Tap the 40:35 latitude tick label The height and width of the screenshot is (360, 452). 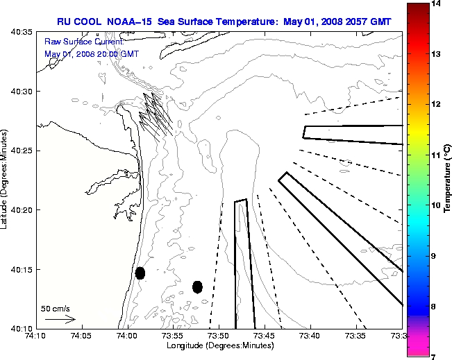[x=24, y=33]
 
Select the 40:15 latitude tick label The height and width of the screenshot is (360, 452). [x=24, y=269]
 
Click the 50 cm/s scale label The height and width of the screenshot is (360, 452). [x=56, y=308]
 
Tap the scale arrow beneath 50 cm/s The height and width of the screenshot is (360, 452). [x=60, y=319]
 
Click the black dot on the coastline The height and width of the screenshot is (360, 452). [x=140, y=273]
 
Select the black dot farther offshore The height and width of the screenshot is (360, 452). [x=197, y=286]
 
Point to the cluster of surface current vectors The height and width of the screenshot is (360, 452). [x=156, y=114]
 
